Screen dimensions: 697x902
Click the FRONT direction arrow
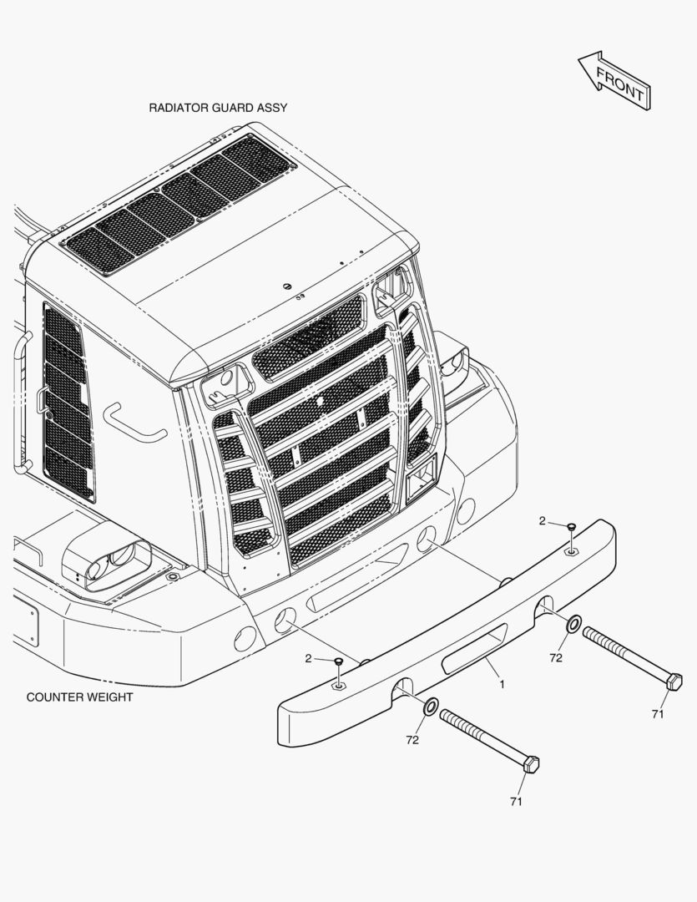(x=615, y=81)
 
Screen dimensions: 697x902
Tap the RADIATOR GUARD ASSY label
(x=218, y=108)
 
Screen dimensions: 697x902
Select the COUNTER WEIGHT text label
(x=79, y=697)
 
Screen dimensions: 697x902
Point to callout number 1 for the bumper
(x=502, y=685)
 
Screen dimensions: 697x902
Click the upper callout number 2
(x=543, y=521)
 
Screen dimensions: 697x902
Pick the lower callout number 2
(x=308, y=659)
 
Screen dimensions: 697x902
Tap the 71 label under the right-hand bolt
(x=658, y=714)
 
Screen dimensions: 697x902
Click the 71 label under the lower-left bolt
(x=517, y=801)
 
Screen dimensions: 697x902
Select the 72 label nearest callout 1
(x=556, y=657)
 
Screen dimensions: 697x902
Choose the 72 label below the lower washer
(x=412, y=740)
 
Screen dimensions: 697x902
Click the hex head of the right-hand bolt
(x=674, y=682)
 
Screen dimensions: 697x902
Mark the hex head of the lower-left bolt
(x=531, y=764)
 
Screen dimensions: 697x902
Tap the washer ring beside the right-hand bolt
(x=574, y=624)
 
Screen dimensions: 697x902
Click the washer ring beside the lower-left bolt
(x=431, y=707)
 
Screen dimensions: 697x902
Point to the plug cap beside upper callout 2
(x=571, y=526)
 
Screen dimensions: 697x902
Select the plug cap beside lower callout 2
(x=338, y=661)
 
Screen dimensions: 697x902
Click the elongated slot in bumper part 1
(x=474, y=648)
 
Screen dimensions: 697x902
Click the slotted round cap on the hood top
(x=287, y=286)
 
